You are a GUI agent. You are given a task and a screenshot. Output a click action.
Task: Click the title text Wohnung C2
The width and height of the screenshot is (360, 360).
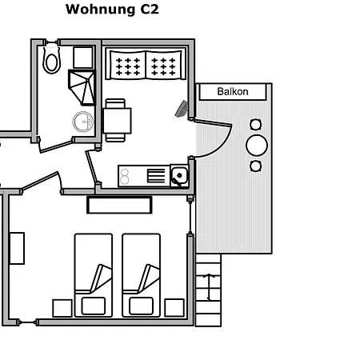click(112, 10)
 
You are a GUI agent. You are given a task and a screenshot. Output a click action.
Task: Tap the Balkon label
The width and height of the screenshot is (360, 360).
click(233, 91)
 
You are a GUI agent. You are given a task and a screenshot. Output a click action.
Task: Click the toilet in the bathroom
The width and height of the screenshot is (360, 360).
click(51, 60)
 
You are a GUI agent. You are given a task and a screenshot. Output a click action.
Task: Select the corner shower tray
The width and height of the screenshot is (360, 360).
click(82, 87)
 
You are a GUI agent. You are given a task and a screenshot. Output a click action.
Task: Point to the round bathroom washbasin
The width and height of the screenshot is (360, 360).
click(83, 122)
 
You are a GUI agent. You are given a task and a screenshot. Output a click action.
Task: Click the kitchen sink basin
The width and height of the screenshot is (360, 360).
click(179, 175)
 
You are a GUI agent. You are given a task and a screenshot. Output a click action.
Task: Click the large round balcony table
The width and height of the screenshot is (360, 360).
click(257, 146)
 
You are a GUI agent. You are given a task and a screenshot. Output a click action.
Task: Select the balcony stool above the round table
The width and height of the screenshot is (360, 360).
click(256, 125)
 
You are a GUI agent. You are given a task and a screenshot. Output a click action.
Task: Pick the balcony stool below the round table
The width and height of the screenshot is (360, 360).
click(256, 166)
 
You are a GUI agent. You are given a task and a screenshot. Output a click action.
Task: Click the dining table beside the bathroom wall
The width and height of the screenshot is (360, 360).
click(117, 121)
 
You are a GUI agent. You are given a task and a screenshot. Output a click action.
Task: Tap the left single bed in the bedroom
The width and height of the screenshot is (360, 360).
click(94, 275)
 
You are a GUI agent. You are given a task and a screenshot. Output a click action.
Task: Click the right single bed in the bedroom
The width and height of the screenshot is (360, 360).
click(141, 275)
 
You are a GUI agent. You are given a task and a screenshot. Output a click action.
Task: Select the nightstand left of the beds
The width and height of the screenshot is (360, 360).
click(62, 308)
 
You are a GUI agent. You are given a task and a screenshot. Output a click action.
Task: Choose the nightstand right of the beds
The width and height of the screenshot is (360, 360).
click(174, 308)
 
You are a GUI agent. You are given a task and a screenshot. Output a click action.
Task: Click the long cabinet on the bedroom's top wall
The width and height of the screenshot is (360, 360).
click(119, 205)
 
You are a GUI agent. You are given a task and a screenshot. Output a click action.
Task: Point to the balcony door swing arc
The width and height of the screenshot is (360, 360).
click(221, 146)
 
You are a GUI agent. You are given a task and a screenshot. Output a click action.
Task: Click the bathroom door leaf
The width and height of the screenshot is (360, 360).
click(56, 146)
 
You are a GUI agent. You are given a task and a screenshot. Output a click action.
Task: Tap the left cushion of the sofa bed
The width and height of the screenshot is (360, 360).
click(128, 65)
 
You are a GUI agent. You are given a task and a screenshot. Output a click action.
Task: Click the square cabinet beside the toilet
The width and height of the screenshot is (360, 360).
click(83, 58)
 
